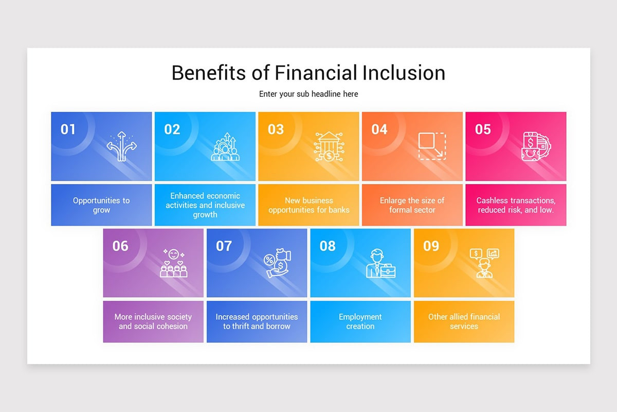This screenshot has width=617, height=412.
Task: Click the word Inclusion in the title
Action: (404, 73)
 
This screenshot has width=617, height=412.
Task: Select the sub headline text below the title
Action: (308, 94)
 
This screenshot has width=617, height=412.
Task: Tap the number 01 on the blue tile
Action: (68, 129)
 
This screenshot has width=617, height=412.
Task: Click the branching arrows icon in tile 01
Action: (121, 146)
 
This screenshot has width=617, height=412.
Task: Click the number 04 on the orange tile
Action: (379, 129)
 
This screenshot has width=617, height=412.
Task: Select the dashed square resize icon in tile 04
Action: (432, 146)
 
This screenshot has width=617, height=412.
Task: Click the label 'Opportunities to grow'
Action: (101, 205)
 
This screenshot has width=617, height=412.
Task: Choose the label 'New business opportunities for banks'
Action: (308, 205)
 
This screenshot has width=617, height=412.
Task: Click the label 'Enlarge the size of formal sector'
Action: (412, 205)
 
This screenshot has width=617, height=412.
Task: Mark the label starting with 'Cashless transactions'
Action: (516, 205)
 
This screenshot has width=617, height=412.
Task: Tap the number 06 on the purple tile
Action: (120, 246)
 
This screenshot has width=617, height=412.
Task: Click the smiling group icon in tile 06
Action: (173, 263)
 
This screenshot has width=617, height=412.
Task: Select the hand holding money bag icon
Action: (278, 264)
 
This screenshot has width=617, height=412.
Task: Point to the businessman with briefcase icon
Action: (380, 264)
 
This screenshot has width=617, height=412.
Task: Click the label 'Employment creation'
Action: (360, 321)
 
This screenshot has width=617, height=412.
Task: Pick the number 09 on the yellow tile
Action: (431, 246)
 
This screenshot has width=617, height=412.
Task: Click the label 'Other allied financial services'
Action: (464, 321)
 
